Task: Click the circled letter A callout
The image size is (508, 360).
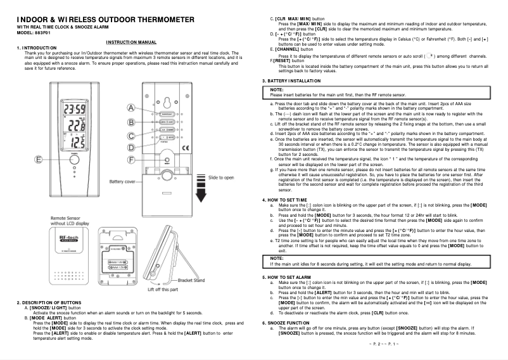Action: (131, 108)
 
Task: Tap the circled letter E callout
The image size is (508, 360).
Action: (39, 160)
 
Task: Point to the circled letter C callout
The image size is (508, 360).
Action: (131, 135)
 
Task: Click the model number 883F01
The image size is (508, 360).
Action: (41, 35)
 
